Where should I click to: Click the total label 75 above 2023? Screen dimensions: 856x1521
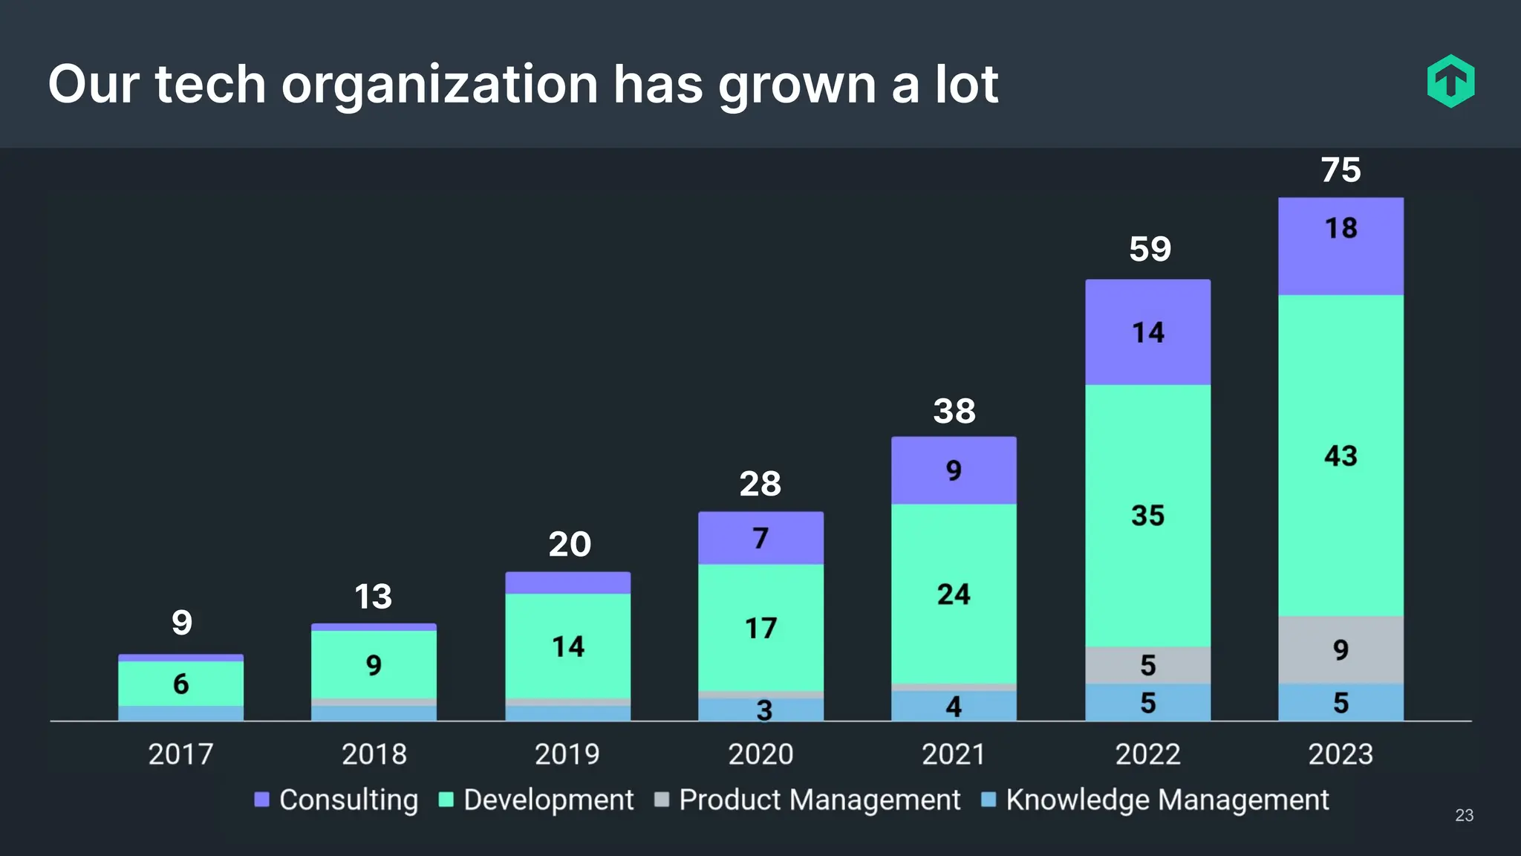click(x=1341, y=170)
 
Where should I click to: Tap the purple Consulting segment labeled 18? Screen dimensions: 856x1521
click(x=1341, y=245)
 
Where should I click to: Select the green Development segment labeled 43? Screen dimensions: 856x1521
click(x=1341, y=455)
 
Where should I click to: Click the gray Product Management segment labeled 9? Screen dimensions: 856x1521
click(x=1341, y=650)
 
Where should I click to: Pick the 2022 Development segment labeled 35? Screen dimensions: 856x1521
click(x=1147, y=516)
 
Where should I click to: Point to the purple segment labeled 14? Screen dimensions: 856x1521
click(x=1147, y=332)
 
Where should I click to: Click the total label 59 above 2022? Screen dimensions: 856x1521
click(x=1150, y=249)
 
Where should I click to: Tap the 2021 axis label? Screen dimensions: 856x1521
click(x=954, y=754)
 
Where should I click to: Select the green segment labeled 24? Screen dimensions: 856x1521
click(x=954, y=594)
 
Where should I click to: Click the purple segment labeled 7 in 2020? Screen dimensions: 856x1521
click(x=760, y=538)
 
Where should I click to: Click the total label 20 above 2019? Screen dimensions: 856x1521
click(x=570, y=545)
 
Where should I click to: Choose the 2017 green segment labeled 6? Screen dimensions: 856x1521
click(x=180, y=684)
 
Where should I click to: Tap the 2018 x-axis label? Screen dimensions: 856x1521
click(x=374, y=754)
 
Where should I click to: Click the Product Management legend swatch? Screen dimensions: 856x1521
click(x=661, y=800)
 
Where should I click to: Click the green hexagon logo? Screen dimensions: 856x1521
click(x=1450, y=81)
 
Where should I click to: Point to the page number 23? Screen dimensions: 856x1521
click(x=1464, y=815)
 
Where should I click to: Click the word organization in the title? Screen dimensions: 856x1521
click(x=439, y=85)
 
